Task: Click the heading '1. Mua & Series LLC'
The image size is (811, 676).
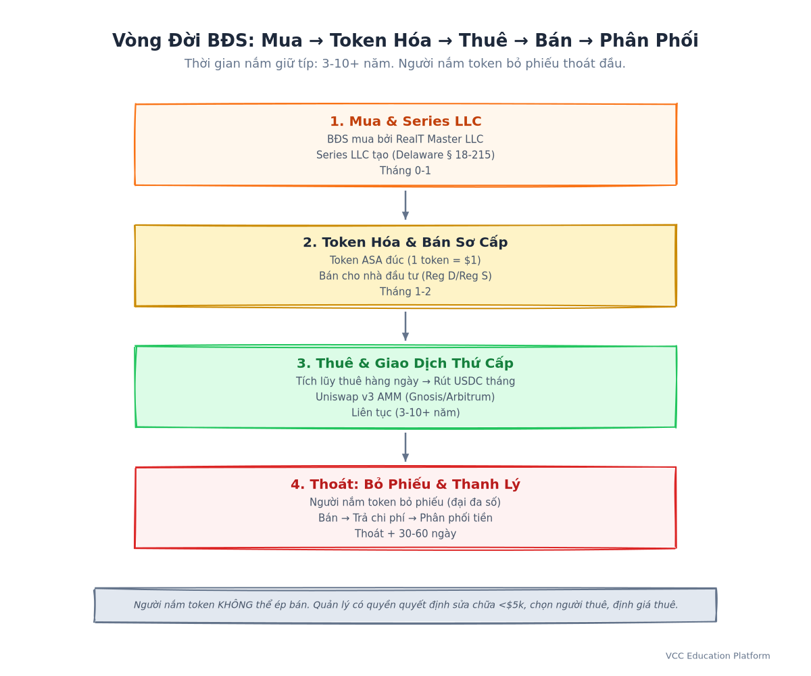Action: (405, 121)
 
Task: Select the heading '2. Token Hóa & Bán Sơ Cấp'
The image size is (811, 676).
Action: (405, 242)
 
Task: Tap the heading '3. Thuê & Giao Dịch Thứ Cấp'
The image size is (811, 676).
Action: (405, 363)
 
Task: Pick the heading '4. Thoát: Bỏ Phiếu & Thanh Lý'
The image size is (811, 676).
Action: (405, 484)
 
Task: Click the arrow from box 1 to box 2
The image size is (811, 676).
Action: (405, 205)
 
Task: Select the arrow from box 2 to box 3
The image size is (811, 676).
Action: (405, 327)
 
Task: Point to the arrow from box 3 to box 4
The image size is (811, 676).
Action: (405, 447)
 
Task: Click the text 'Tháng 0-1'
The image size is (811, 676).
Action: (405, 170)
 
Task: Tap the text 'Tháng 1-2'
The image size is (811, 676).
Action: (405, 291)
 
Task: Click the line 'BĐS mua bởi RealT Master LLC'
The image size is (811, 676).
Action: (405, 139)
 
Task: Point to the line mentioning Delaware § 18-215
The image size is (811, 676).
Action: (405, 155)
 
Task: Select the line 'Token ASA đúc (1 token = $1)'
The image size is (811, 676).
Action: (405, 260)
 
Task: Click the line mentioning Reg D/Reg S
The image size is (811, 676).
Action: (405, 276)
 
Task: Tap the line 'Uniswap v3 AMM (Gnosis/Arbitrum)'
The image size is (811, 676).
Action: (405, 397)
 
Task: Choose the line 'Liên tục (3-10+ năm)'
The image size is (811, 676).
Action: (405, 412)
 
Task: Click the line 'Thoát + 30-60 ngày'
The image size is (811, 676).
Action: (405, 533)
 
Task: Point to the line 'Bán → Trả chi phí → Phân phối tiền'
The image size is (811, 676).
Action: (405, 518)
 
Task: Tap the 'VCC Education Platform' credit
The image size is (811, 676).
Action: (718, 656)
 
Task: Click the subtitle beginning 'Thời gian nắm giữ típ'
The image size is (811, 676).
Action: (405, 64)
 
